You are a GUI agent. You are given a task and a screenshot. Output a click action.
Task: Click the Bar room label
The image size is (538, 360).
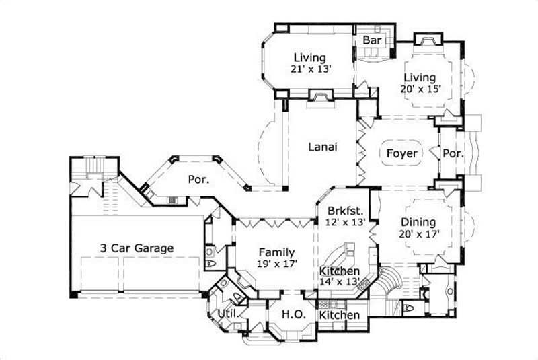click(x=373, y=41)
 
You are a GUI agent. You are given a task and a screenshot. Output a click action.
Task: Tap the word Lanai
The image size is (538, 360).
click(x=322, y=147)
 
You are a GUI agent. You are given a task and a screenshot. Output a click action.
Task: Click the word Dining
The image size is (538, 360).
click(x=418, y=222)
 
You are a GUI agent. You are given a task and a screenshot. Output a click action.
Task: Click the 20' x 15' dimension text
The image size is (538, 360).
click(x=420, y=90)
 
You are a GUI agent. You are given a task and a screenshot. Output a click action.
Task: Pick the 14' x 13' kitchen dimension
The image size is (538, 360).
click(x=340, y=282)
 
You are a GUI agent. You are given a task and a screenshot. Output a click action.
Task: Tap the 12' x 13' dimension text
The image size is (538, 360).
click(x=344, y=220)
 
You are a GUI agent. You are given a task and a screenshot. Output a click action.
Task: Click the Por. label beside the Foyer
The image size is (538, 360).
click(x=453, y=153)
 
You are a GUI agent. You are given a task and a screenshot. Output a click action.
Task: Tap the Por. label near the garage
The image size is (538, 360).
click(x=198, y=180)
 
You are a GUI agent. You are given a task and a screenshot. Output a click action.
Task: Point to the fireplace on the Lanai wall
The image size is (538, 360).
click(x=318, y=99)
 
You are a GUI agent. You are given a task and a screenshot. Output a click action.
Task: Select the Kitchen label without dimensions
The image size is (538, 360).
click(x=340, y=315)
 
